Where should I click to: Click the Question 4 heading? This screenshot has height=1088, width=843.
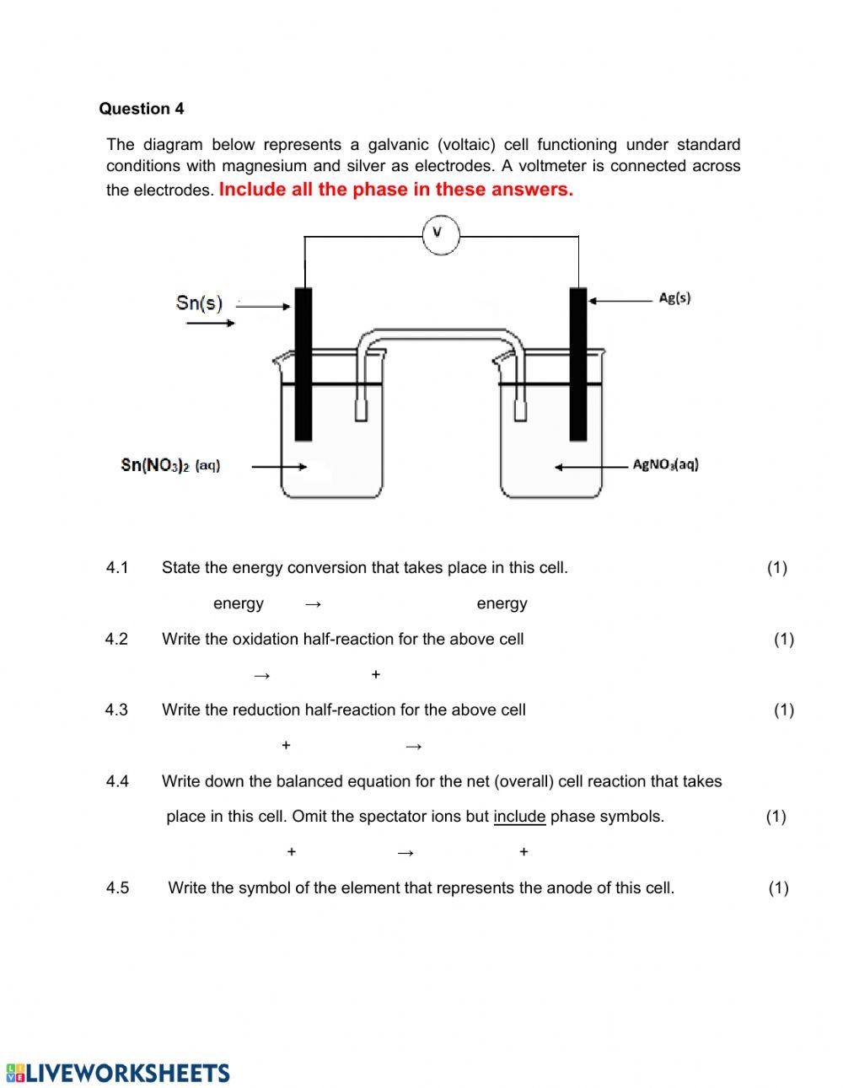(141, 109)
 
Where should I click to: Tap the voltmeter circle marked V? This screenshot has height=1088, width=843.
(440, 233)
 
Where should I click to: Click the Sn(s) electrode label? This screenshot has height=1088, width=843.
(199, 302)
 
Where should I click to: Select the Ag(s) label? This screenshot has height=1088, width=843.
(674, 297)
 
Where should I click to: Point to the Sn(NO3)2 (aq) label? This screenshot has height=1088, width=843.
(170, 464)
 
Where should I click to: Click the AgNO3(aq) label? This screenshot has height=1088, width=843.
(665, 464)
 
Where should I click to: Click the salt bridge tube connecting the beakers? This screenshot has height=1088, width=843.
(439, 338)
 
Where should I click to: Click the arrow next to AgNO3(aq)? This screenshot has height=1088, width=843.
(589, 467)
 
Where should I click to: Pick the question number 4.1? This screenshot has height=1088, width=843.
(117, 567)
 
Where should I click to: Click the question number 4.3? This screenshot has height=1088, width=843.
(116, 710)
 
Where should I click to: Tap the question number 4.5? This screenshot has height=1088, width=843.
(117, 887)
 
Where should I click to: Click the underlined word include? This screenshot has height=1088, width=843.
(518, 816)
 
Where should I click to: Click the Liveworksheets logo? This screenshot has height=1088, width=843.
(118, 1072)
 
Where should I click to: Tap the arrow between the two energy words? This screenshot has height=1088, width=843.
(314, 603)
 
